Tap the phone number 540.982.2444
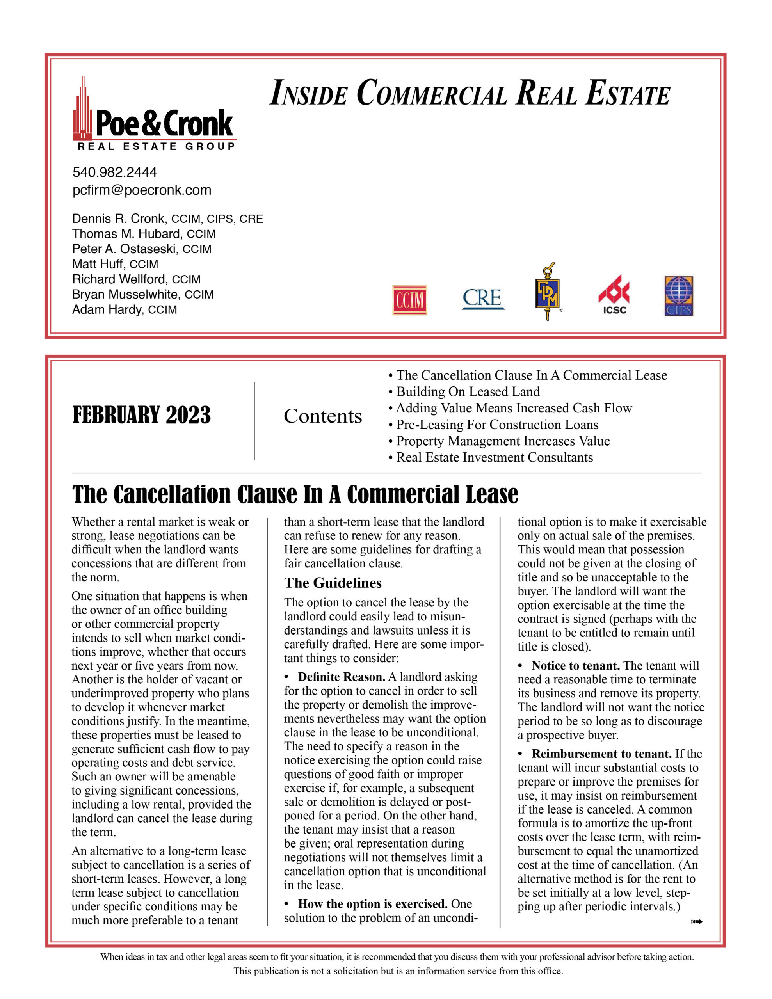[x=114, y=172]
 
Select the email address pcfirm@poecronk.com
[x=142, y=190]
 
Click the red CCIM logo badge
[x=409, y=300]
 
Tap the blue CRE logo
[x=483, y=299]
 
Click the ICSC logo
[x=614, y=295]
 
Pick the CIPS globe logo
[x=679, y=296]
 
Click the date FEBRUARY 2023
[x=141, y=415]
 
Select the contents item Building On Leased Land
[x=467, y=391]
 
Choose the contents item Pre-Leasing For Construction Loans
[x=496, y=425]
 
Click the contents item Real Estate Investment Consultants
[x=494, y=457]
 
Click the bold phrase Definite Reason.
[x=342, y=677]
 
